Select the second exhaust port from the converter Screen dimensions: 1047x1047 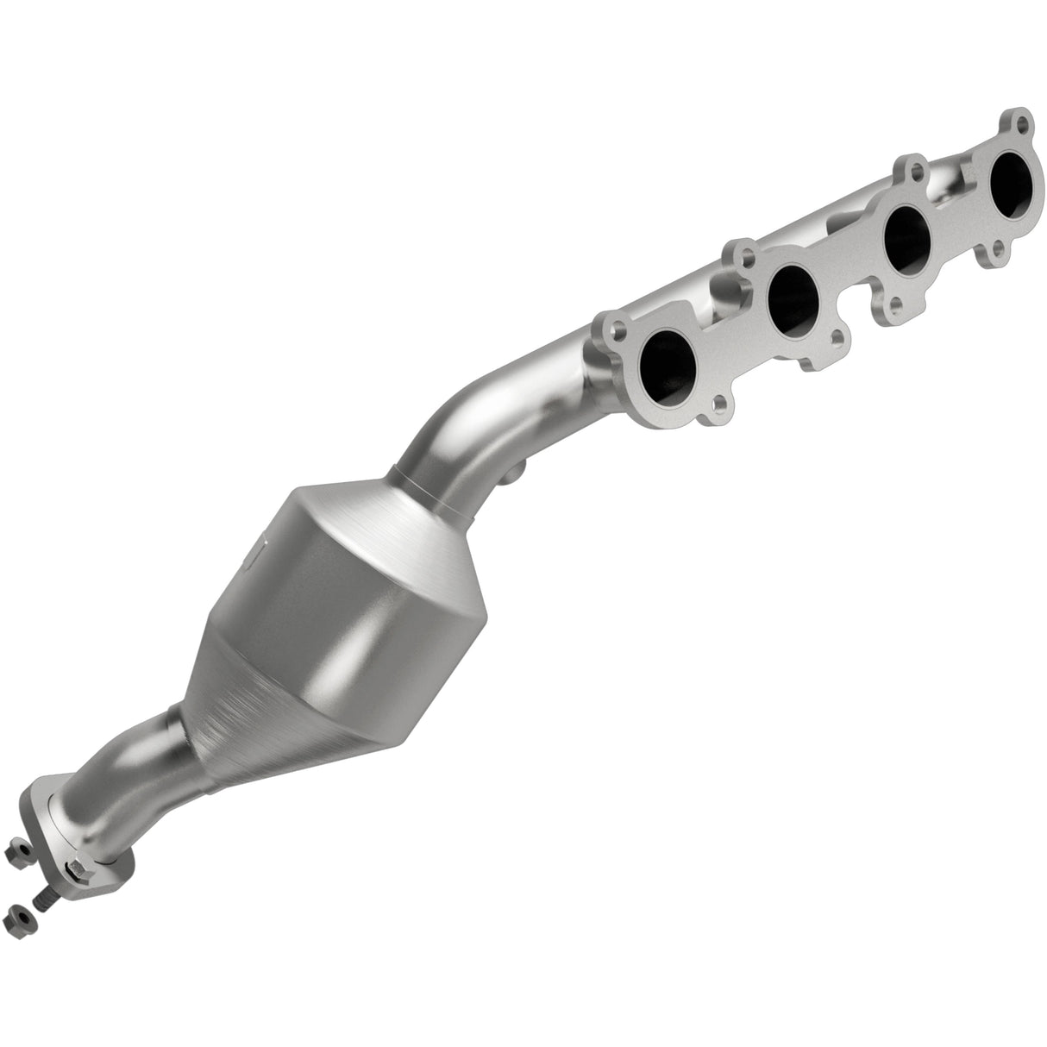[793, 298]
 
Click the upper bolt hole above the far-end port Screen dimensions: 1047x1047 [1021, 122]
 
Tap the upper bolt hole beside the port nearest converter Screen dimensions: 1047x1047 [618, 329]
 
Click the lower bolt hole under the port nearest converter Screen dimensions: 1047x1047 [718, 403]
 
